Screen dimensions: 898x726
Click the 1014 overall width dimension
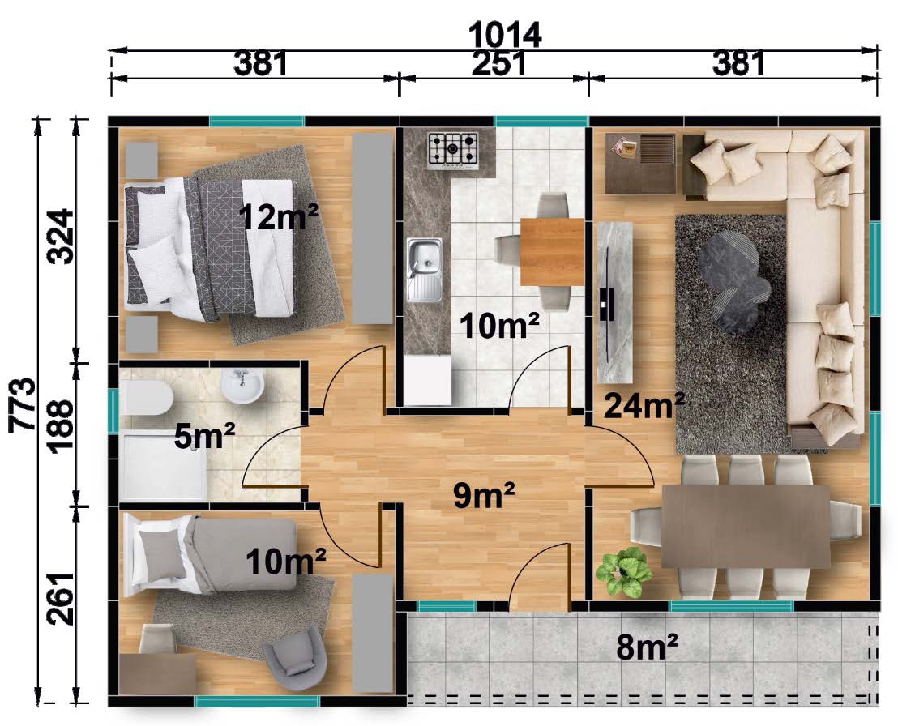(x=505, y=35)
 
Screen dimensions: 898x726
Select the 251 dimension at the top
(x=498, y=63)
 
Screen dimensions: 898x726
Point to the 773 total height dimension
(x=22, y=404)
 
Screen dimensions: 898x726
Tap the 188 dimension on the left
(x=60, y=426)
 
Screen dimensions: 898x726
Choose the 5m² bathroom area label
(x=205, y=436)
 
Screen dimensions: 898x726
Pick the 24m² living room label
(x=644, y=405)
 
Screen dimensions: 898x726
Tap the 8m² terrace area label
(x=647, y=647)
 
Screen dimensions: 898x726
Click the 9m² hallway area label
(x=484, y=495)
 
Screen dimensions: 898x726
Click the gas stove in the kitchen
(x=452, y=152)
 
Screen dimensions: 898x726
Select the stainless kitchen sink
(x=425, y=270)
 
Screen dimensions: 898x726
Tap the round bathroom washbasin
(x=242, y=386)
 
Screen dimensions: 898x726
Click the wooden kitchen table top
(x=552, y=252)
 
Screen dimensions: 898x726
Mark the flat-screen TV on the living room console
(x=606, y=305)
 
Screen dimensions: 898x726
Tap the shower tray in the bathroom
(x=165, y=466)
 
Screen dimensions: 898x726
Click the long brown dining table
(x=745, y=526)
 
